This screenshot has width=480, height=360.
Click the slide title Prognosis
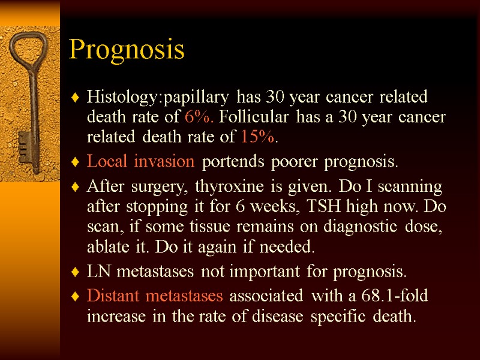coord(127,50)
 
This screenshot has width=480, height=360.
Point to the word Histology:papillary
coord(158,97)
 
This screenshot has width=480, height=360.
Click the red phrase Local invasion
coord(140,161)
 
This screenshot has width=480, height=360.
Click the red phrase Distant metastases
coord(155,296)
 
